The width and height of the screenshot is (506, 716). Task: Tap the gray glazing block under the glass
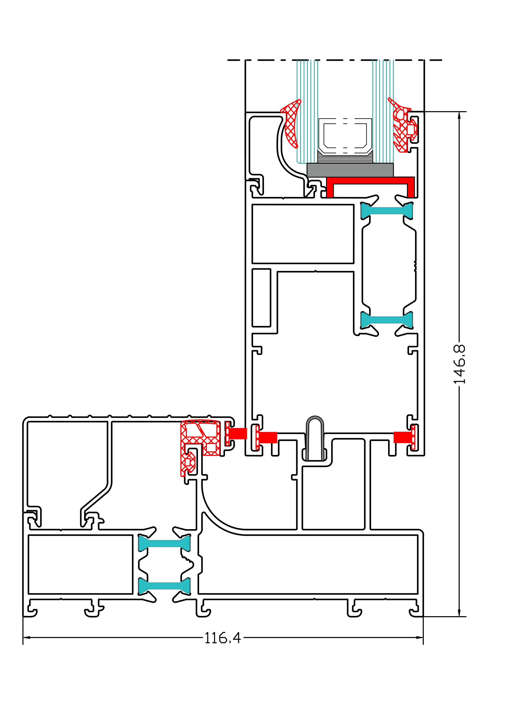tap(350, 170)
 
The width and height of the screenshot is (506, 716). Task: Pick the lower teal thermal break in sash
tap(387, 320)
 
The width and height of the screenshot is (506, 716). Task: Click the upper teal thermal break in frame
tap(164, 543)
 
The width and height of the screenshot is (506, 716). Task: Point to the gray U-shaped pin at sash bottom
tap(315, 438)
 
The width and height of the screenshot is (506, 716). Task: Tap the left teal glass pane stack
tap(307, 109)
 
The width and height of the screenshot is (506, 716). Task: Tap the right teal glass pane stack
tap(383, 109)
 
